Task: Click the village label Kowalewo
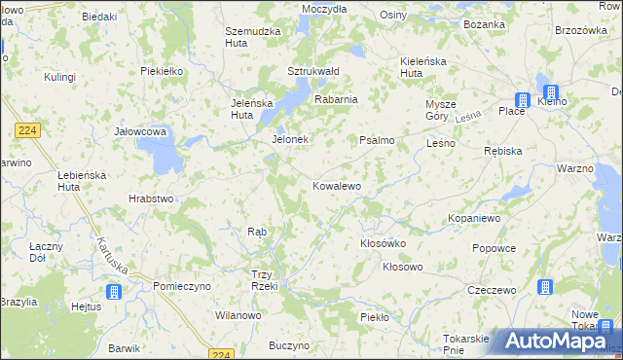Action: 337,186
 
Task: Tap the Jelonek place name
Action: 289,139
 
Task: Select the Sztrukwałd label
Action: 311,71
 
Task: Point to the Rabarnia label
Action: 336,99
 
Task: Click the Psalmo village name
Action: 377,140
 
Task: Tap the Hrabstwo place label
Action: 151,198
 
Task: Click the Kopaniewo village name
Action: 474,219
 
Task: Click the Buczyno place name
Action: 289,345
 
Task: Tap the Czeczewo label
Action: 491,290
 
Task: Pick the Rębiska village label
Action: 503,152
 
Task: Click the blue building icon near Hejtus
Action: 114,291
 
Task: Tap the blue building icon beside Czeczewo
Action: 545,288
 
